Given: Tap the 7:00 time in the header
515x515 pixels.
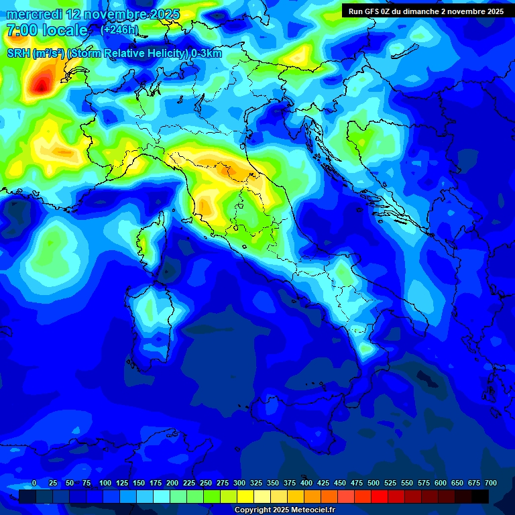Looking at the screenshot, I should (x=18, y=30).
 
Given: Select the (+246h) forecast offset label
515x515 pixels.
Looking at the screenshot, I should (x=119, y=30).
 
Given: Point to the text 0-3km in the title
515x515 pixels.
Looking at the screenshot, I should (x=207, y=54).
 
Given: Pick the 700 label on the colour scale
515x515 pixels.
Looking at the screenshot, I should (x=490, y=483).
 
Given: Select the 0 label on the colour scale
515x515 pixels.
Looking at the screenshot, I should (x=34, y=483).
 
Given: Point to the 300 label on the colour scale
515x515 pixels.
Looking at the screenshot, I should (x=239, y=483).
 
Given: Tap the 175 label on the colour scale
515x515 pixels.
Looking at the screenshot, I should (x=156, y=483).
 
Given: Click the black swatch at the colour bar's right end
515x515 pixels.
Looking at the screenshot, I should (x=480, y=496).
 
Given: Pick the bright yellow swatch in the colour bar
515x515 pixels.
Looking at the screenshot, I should (x=245, y=496).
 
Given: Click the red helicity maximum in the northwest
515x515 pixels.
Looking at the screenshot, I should (x=42, y=84).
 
